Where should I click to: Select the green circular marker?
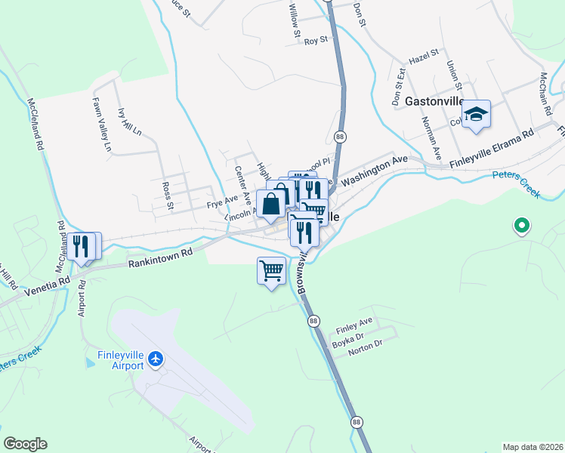tap(520, 225)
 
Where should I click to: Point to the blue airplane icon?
tap(156, 357)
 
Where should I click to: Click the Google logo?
tap(26, 444)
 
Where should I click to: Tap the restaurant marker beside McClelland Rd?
tap(83, 246)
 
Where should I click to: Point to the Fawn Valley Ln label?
tap(101, 125)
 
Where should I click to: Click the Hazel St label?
tap(423, 57)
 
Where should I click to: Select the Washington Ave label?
tap(374, 171)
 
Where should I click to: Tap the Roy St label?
tap(315, 40)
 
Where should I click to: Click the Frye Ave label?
tap(222, 204)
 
